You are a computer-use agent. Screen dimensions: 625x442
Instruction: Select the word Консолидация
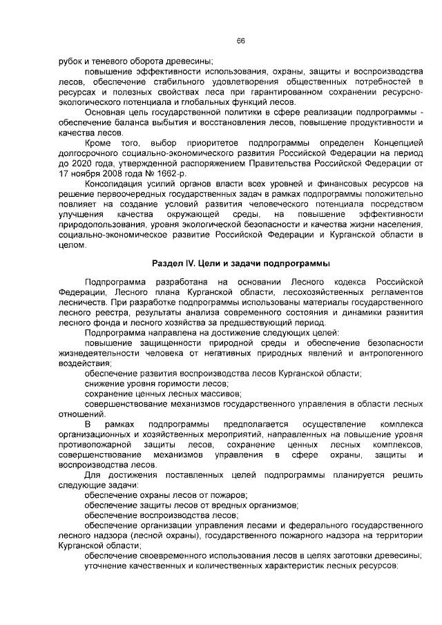pos(118,184)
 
